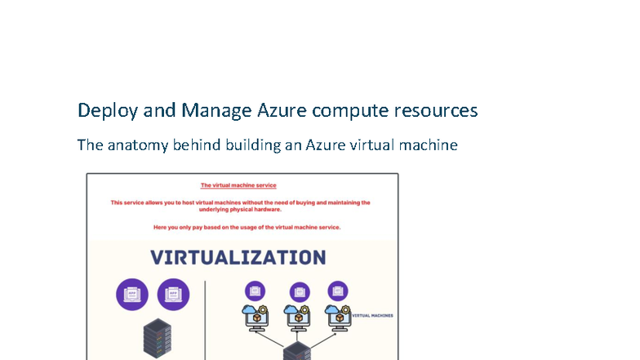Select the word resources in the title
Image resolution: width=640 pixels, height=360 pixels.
[436, 110]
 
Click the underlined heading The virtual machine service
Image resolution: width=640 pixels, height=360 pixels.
[238, 185]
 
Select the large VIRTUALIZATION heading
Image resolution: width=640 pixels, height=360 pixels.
[238, 257]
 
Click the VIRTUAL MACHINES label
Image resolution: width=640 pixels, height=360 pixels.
[372, 313]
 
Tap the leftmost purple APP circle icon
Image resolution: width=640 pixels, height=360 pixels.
[132, 294]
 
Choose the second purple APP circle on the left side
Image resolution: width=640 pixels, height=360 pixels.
[173, 294]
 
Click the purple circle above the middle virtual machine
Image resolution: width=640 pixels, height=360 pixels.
[299, 291]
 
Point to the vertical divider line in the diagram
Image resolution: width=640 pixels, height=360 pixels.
[205, 318]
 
